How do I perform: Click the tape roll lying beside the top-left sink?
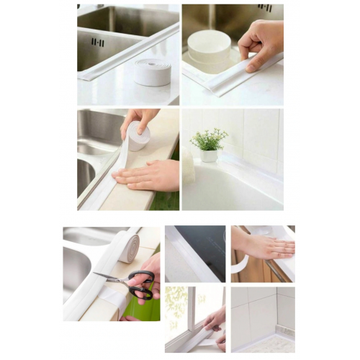[x=153, y=72]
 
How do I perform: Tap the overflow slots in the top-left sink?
[x=98, y=42]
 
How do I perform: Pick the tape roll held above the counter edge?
[x=139, y=136]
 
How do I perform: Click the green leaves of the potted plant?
[x=208, y=139]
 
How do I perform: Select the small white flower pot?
[x=209, y=155]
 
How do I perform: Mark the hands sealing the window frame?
[x=215, y=323]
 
